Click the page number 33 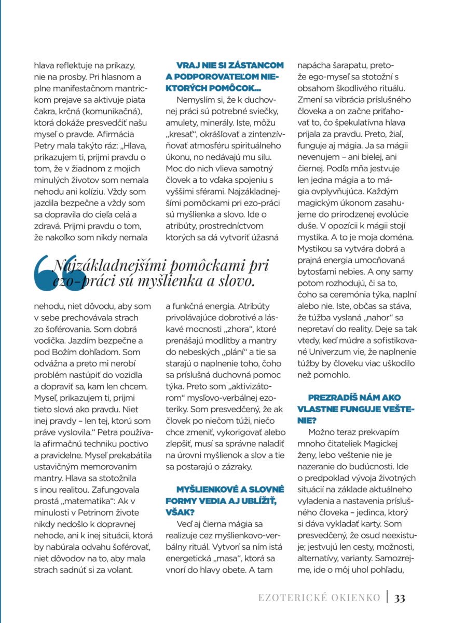click(400, 598)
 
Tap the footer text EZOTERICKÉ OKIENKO click(319, 598)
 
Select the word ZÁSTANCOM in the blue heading click(254, 65)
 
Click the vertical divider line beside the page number click(387, 597)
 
